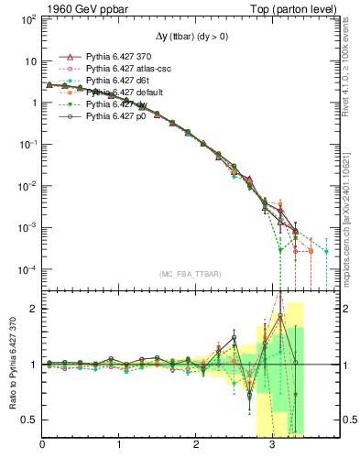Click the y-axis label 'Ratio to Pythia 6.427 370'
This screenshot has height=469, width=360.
coord(12,364)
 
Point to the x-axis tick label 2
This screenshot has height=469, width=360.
coord(196,446)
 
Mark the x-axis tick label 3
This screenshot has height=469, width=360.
coord(272,446)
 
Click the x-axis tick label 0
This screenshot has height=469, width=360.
coord(42,446)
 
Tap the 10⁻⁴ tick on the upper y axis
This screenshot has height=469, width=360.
coord(27,269)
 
